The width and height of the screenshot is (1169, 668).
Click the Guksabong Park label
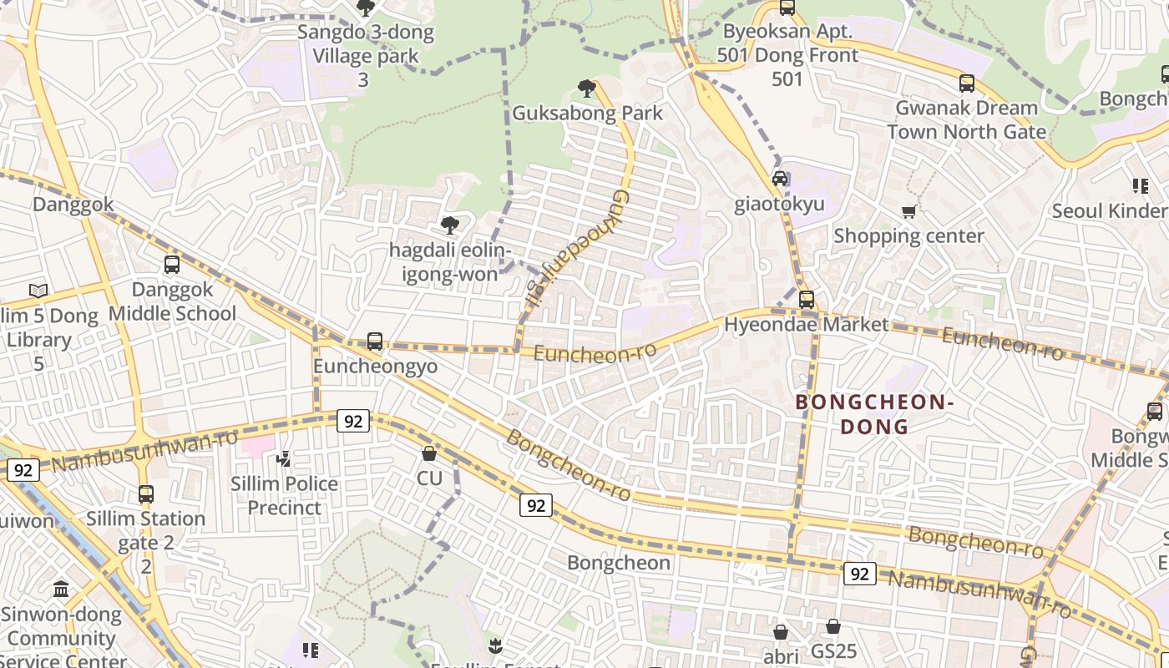click(x=587, y=113)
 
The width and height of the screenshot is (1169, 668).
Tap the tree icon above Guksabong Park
click(x=587, y=88)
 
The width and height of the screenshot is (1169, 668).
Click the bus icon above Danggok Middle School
click(x=172, y=265)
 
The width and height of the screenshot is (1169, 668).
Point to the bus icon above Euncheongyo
click(x=375, y=342)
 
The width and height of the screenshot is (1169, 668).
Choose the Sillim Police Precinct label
click(x=284, y=495)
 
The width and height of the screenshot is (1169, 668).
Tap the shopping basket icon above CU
click(x=429, y=453)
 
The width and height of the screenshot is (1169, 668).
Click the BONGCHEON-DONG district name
click(x=874, y=414)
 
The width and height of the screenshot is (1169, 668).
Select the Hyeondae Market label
click(x=806, y=325)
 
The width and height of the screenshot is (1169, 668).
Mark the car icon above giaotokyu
click(x=780, y=179)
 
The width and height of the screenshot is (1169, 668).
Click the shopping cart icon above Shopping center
click(x=909, y=212)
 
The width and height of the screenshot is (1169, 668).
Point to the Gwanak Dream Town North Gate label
click(x=966, y=119)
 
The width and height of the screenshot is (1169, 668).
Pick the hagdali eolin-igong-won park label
click(x=449, y=262)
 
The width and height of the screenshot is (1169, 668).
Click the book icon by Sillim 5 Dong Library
click(x=38, y=291)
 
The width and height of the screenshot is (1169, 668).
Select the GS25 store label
click(x=833, y=650)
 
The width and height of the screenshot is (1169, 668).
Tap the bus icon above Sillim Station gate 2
click(x=146, y=493)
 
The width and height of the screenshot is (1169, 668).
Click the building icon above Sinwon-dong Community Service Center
click(x=61, y=590)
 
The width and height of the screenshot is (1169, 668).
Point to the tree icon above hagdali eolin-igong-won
click(x=449, y=225)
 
